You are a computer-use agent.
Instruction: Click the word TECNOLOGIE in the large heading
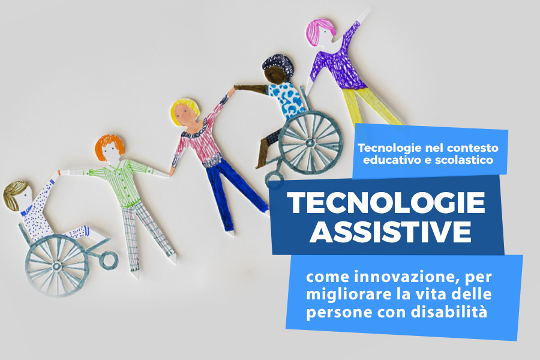(x=386, y=203)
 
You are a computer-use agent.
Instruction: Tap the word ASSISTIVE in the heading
(x=390, y=232)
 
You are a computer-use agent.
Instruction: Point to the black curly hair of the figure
(x=279, y=65)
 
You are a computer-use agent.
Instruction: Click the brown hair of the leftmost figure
(x=14, y=194)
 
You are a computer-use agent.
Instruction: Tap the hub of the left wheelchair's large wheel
(x=57, y=266)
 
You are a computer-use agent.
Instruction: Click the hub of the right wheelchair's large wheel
(x=310, y=142)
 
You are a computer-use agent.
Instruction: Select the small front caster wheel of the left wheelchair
(x=109, y=260)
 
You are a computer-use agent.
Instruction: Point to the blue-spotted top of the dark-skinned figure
(x=287, y=98)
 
